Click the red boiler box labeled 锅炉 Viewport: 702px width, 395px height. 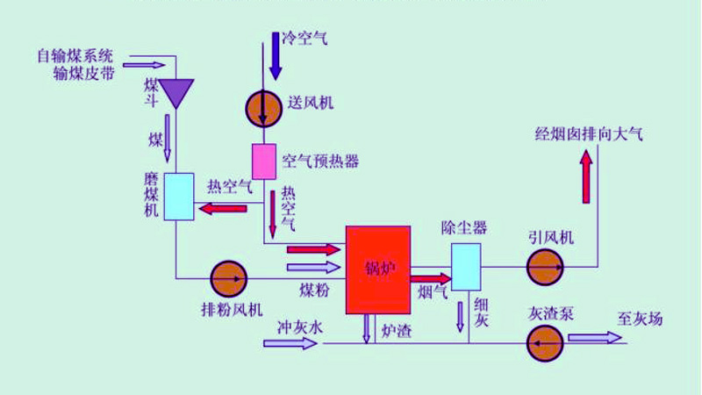pos(378,269)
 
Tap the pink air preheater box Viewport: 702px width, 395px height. pos(264,160)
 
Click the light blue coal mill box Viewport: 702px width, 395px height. pos(177,196)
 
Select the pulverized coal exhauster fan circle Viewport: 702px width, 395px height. pos(230,278)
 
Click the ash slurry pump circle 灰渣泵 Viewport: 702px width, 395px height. pos(545,341)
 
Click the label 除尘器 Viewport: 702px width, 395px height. pos(463,228)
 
